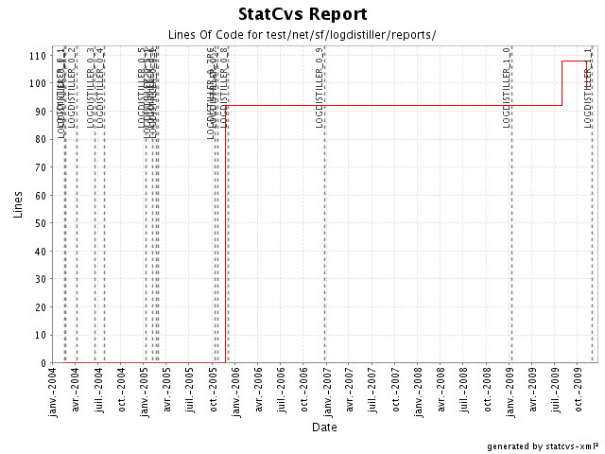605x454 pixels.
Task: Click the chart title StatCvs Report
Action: (302, 15)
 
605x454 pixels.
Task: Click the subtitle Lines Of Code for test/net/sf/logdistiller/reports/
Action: (302, 35)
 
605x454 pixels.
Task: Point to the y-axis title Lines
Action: (18, 203)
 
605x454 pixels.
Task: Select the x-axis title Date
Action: (324, 427)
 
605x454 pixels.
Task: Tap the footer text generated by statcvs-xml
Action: (544, 445)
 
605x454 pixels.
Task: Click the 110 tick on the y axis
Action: (40, 56)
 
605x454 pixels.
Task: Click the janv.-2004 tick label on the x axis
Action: (53, 391)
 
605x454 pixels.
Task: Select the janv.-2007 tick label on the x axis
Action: (326, 391)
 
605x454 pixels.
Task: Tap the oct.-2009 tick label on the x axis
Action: (579, 389)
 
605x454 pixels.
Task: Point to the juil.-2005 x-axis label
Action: (190, 390)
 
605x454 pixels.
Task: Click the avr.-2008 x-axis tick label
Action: (441, 390)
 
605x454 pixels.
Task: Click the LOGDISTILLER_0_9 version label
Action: (320, 86)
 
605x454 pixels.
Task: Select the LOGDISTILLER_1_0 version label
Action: (508, 86)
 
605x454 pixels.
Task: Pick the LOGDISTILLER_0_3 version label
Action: (92, 86)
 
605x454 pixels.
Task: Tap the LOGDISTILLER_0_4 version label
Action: (100, 86)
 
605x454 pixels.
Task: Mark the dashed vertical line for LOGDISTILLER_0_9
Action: (325, 236)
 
